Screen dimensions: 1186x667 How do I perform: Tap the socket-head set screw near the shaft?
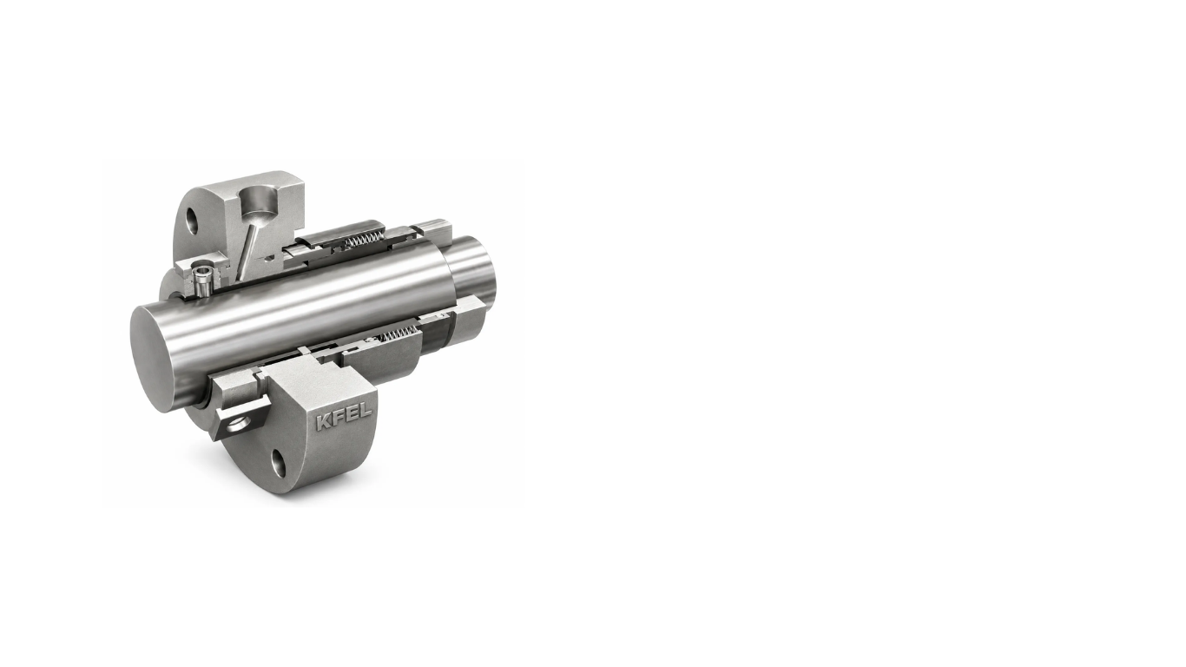click(x=202, y=281)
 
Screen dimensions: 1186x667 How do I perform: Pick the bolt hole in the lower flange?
click(x=278, y=463)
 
